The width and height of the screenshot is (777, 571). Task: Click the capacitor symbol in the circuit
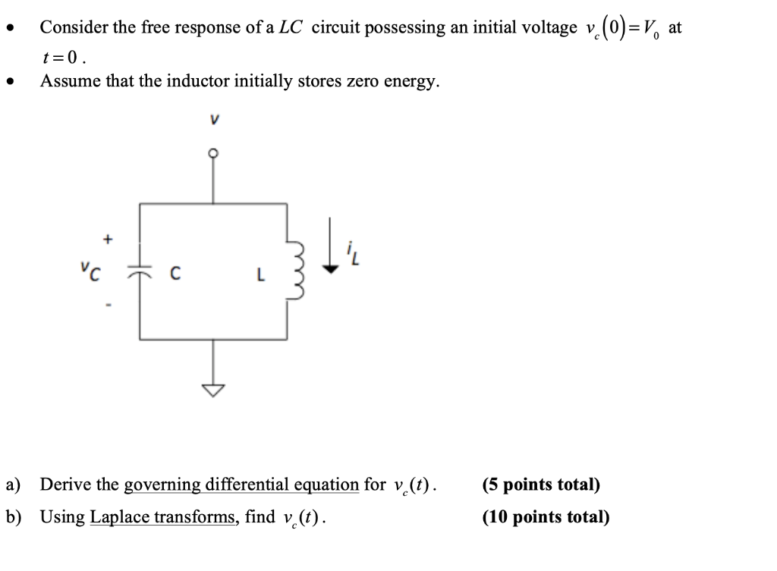140,271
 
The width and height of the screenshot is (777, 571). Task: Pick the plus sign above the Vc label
108,240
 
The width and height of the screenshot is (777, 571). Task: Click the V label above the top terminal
214,119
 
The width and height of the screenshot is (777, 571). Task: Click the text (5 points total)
540,485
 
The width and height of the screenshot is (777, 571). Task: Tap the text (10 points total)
545,517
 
